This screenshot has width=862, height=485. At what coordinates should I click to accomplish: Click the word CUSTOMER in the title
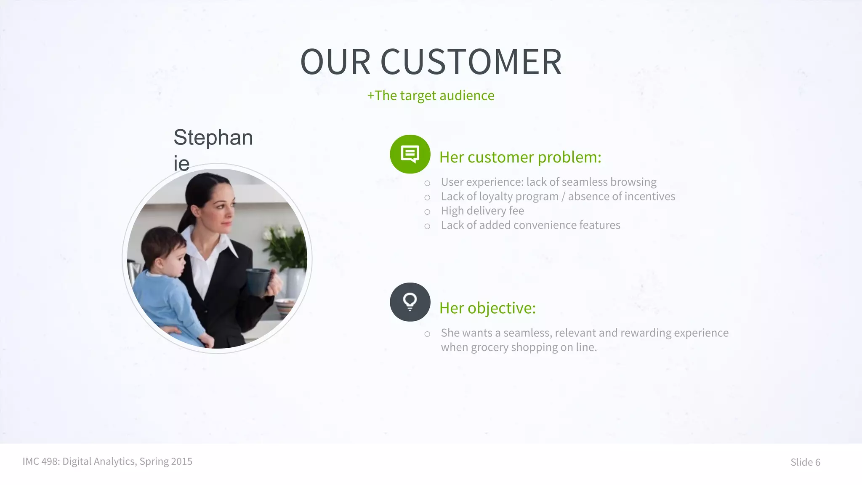(471, 62)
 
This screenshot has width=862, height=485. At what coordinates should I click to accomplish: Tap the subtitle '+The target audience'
(431, 96)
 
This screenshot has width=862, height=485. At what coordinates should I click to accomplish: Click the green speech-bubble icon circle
(410, 154)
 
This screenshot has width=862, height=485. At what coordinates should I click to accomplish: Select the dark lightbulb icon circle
(410, 302)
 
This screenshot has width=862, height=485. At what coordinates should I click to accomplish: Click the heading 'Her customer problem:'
(520, 157)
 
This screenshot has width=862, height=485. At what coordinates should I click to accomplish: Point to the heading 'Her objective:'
(487, 308)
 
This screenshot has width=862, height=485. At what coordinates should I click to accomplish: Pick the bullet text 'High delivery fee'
(482, 211)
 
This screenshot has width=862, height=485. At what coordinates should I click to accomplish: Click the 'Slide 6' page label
(805, 462)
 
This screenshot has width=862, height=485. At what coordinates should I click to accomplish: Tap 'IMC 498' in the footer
(40, 461)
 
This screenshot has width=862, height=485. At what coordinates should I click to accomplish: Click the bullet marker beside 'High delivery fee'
(427, 212)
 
